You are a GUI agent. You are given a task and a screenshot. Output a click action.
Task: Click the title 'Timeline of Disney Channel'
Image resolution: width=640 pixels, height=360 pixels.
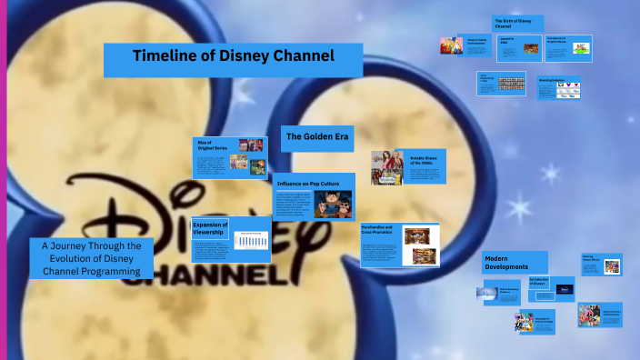pos(234,56)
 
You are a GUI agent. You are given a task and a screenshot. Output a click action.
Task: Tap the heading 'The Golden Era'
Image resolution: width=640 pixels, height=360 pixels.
pos(313,136)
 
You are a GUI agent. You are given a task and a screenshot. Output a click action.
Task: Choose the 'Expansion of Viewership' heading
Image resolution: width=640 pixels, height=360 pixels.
pos(210,227)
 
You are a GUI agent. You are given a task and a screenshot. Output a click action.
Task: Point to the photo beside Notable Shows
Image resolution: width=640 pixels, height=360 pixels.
pos(387,167)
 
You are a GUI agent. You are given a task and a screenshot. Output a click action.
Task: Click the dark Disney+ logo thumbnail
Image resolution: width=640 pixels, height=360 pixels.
pos(563,290)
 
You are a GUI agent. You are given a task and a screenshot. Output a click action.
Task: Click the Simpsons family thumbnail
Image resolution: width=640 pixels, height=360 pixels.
pos(449,45)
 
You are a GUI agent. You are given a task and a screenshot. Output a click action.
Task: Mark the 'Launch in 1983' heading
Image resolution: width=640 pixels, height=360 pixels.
pos(506,40)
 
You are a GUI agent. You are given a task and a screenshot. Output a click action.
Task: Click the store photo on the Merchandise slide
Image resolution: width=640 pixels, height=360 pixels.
pos(420,235)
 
